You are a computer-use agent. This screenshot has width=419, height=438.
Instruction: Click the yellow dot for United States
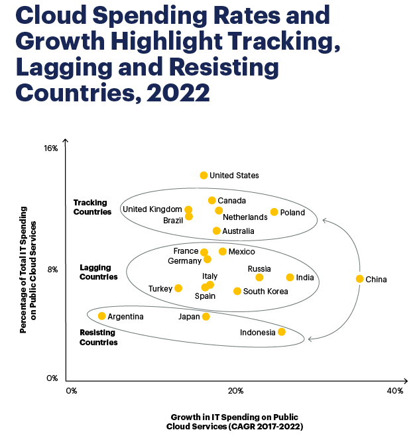point(204,175)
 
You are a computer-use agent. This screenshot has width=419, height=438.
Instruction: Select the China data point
point(359,279)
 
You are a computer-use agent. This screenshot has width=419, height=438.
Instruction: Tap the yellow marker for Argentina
point(101,316)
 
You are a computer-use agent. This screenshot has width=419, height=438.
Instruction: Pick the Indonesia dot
point(282,331)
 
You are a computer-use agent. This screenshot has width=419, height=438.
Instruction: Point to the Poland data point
point(274,212)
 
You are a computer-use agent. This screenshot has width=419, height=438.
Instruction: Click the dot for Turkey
point(178,288)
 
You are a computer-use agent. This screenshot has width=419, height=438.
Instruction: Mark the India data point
point(290,277)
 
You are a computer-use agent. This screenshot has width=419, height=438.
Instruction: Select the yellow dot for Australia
point(216,231)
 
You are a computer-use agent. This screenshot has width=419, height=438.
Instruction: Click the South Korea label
point(265,292)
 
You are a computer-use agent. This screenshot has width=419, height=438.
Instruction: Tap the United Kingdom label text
point(152,209)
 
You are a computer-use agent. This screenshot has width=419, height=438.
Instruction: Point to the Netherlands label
point(245,217)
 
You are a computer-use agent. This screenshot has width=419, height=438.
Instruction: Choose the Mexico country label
point(241,252)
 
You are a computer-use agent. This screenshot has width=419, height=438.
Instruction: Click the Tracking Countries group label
point(92,207)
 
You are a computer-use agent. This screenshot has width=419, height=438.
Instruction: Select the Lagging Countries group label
point(98,272)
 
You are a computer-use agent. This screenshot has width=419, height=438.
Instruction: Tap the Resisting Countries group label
point(98,337)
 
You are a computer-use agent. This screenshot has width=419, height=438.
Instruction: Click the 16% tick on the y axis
point(51,149)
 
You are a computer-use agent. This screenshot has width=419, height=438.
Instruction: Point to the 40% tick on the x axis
point(394,391)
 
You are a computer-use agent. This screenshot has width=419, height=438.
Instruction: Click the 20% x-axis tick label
point(235,391)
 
